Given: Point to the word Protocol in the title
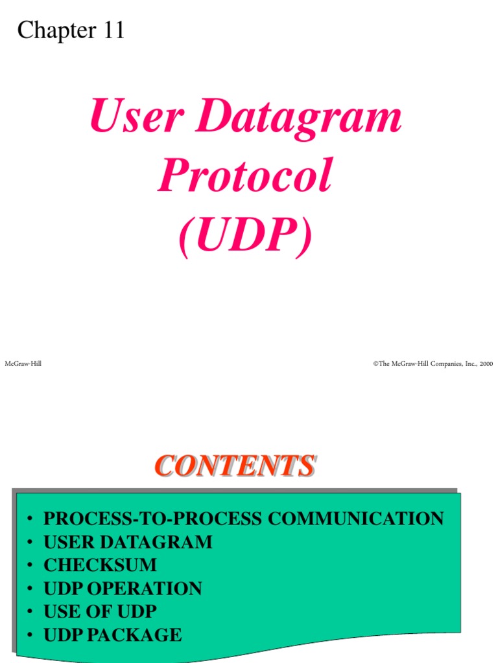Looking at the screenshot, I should (245, 177).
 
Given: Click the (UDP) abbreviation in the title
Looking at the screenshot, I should (245, 236).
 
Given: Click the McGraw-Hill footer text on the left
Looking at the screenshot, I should (23, 364).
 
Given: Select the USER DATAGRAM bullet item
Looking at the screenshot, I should (128, 542).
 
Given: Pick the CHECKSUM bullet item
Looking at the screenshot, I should (100, 565).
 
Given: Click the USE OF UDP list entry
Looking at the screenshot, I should (100, 612).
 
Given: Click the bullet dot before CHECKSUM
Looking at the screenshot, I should (30, 566).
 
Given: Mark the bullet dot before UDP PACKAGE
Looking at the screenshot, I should (30, 636).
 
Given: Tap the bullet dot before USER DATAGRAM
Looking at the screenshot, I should (30, 543).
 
